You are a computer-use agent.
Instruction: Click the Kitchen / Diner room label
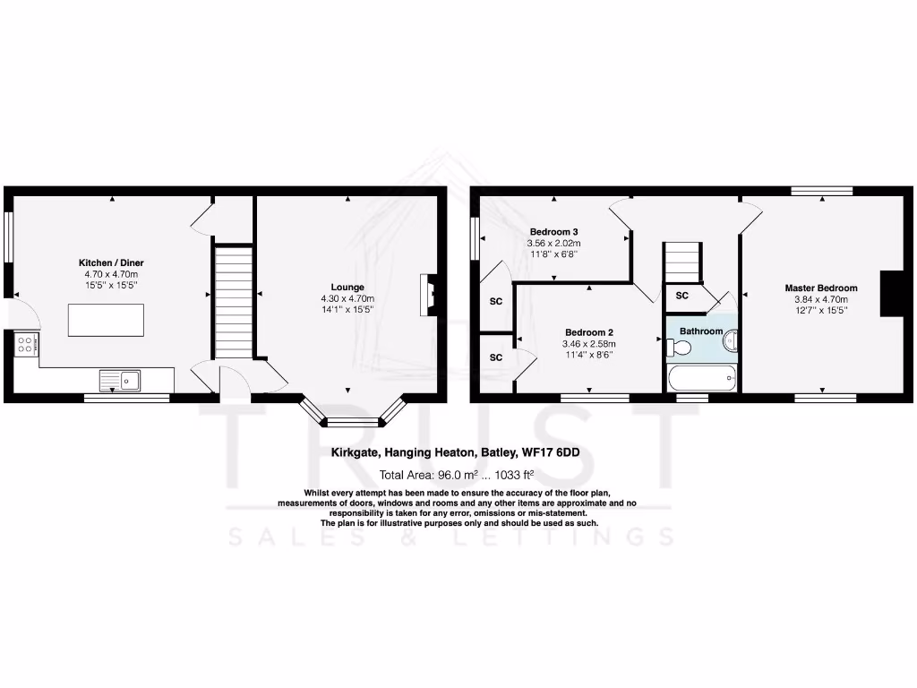coord(111,262)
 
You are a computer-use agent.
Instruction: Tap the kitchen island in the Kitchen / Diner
coord(106,320)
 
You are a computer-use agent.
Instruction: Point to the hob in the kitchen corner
coord(25,344)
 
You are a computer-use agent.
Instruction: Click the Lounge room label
coord(347,288)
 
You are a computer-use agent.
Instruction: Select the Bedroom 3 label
coord(554,230)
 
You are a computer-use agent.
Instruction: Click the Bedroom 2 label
coord(588,331)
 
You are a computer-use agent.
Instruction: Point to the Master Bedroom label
coord(820,288)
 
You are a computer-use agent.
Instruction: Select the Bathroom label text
coord(700,331)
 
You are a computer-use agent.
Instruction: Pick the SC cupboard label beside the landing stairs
coord(681,296)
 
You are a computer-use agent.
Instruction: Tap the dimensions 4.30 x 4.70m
coord(347,298)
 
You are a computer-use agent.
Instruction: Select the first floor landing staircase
coord(681,261)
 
